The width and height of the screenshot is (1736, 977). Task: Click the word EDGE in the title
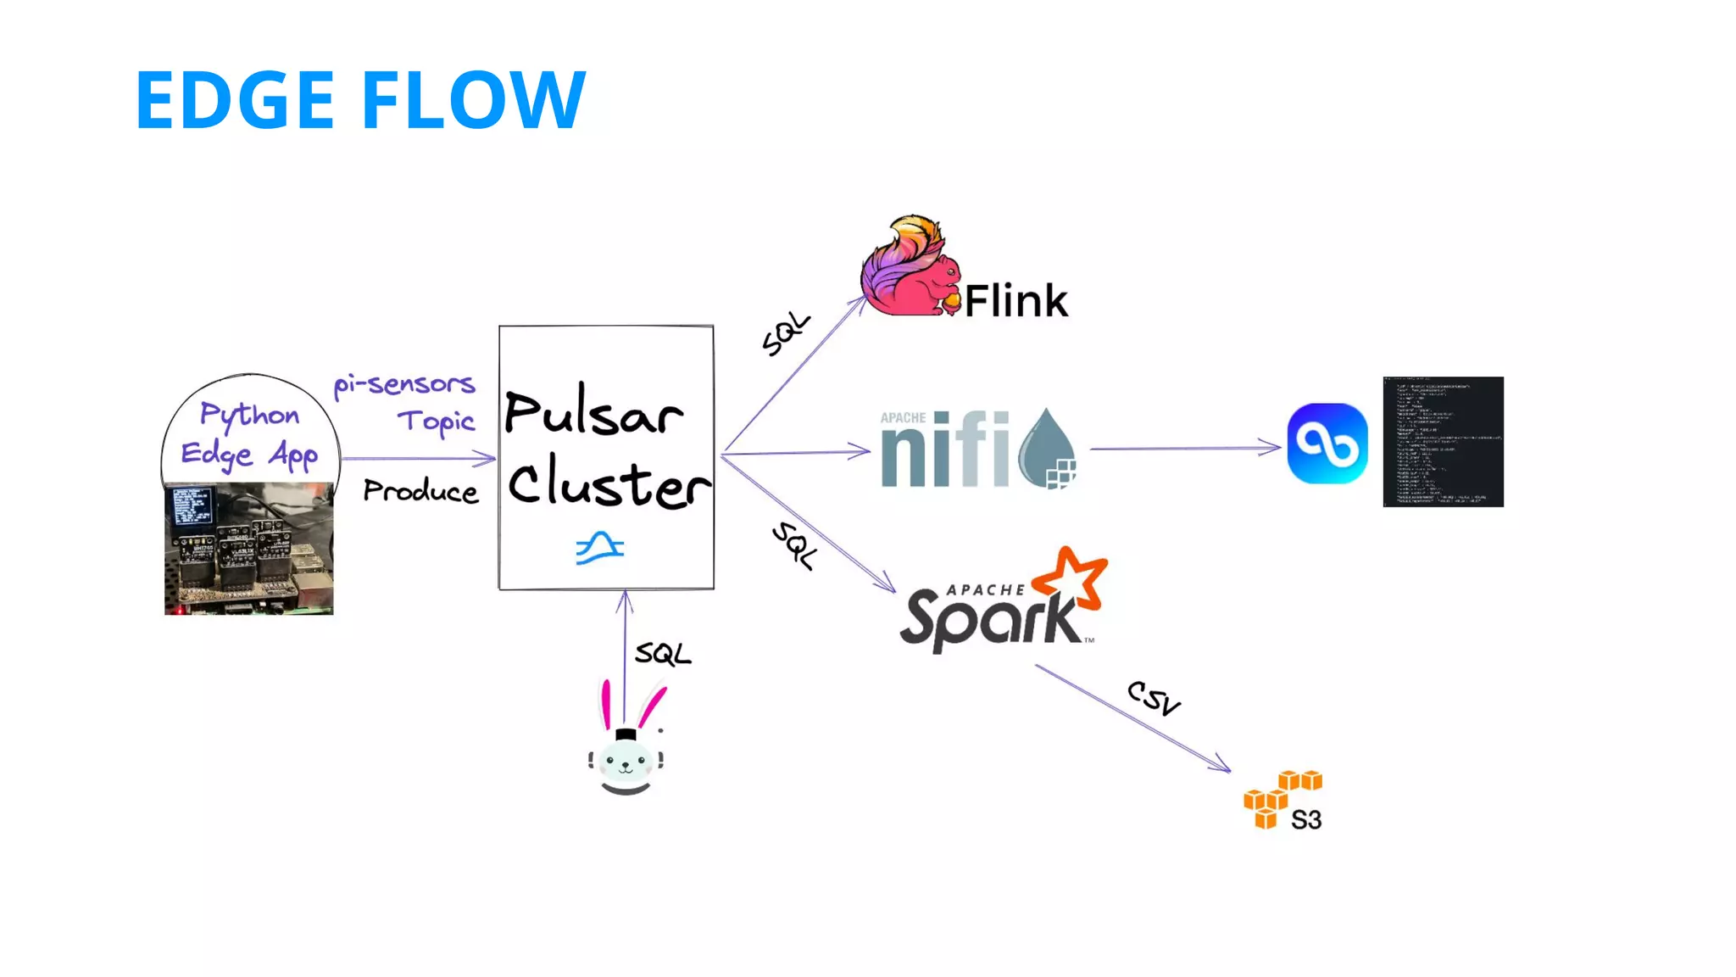pos(235,100)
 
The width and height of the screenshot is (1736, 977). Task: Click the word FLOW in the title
pos(474,100)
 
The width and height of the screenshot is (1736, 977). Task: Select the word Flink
pos(1015,301)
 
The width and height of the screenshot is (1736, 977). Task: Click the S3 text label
pos(1306,820)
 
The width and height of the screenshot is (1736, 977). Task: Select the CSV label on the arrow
pos(1154,698)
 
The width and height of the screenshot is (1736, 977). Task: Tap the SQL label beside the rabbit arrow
pos(663,654)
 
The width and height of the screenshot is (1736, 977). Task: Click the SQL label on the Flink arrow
pos(786,333)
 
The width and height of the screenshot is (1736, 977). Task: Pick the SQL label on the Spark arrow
pos(794,545)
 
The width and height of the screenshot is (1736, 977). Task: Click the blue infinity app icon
pos(1327,444)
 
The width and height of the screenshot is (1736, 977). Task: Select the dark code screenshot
pos(1443,442)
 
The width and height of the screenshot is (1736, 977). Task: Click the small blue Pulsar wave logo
pos(600,548)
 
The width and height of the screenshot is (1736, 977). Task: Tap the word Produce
pos(420,491)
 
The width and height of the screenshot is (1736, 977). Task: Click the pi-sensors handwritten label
pos(404,384)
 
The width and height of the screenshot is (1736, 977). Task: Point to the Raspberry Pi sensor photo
pos(248,549)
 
